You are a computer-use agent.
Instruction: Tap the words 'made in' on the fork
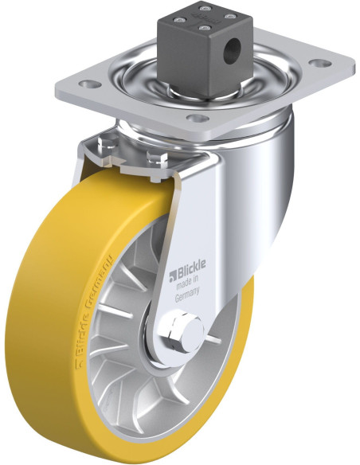click(x=187, y=283)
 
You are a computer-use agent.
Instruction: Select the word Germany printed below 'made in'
click(x=187, y=294)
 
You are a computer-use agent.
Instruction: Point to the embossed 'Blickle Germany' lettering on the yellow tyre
click(x=94, y=303)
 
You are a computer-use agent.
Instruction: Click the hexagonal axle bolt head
click(x=178, y=330)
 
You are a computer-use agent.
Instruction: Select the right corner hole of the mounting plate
click(x=320, y=63)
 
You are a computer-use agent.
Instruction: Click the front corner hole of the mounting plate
click(x=198, y=118)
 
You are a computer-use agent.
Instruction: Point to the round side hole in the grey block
click(x=233, y=49)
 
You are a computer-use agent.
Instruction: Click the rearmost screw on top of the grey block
click(x=203, y=8)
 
